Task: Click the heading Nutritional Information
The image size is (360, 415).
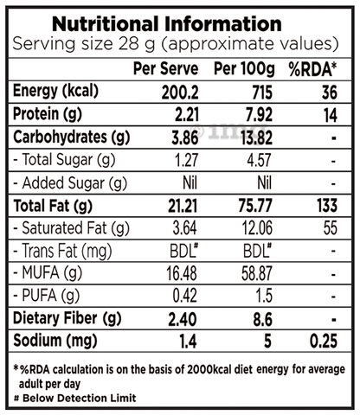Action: tap(167, 23)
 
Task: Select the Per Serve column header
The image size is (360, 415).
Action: tap(165, 68)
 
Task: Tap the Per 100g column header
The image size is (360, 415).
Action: tap(244, 69)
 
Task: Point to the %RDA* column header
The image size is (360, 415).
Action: tap(312, 69)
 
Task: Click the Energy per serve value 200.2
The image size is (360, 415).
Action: tap(180, 93)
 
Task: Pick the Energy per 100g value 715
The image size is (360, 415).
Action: tap(262, 93)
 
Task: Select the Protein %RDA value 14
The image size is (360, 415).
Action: tap(330, 116)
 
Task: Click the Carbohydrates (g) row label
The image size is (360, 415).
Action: tap(71, 137)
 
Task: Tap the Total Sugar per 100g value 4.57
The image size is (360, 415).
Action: tap(259, 161)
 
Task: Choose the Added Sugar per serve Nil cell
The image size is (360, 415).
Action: tap(190, 183)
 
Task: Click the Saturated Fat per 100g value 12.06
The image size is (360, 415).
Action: tap(257, 228)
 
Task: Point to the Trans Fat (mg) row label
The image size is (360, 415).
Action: tap(62, 251)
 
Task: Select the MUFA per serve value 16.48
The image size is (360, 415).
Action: tap(182, 273)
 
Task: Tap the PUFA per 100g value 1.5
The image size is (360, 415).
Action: tap(264, 296)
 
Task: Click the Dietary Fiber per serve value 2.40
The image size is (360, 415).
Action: tap(183, 320)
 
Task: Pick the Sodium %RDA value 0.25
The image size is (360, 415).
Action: tap(324, 342)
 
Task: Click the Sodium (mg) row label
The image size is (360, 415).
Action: tap(55, 341)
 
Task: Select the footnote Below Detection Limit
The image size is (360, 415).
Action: tap(79, 398)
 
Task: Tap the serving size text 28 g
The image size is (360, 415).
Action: tap(137, 44)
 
